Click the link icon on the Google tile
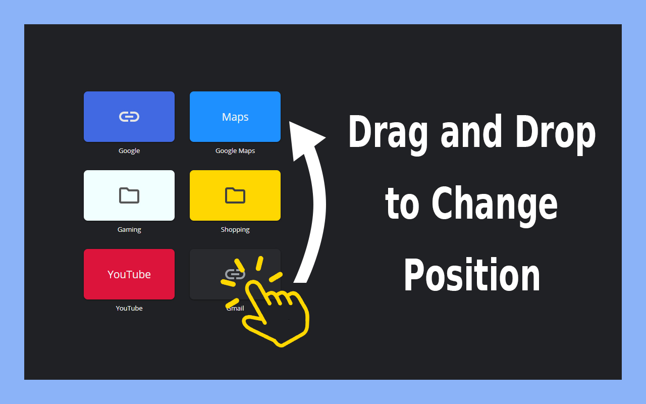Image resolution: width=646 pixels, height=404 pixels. coord(129,117)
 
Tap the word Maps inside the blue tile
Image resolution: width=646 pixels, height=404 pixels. coord(235,117)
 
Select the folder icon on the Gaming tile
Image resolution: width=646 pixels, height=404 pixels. coord(129,195)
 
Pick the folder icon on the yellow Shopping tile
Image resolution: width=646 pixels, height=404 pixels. coord(235,195)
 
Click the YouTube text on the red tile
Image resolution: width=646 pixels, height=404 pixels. coord(129,274)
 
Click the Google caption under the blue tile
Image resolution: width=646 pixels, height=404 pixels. coord(129,150)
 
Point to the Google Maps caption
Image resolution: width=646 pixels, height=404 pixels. coord(235,150)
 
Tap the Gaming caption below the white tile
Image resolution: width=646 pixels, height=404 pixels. coord(129,230)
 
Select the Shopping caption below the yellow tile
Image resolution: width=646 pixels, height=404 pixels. coord(235,230)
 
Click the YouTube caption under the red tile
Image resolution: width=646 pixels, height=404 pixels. coord(129,308)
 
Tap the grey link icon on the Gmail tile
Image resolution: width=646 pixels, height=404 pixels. coord(235,274)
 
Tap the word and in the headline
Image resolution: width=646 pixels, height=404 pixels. coord(471,131)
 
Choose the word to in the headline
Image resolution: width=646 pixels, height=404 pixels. coord(402,204)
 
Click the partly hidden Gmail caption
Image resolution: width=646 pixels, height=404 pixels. coord(235,308)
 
